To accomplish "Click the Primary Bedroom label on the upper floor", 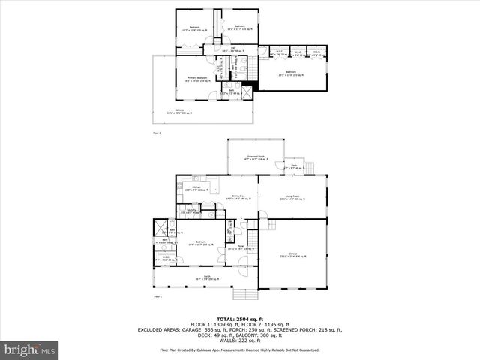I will (x=196, y=79).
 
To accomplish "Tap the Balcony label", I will (x=180, y=112).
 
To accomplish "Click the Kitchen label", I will (x=196, y=188).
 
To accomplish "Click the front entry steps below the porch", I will (x=243, y=294).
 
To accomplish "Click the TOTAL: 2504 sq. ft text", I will (x=240, y=318).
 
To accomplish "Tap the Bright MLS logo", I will (x=30, y=349).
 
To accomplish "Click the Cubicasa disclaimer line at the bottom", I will (x=240, y=349).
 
